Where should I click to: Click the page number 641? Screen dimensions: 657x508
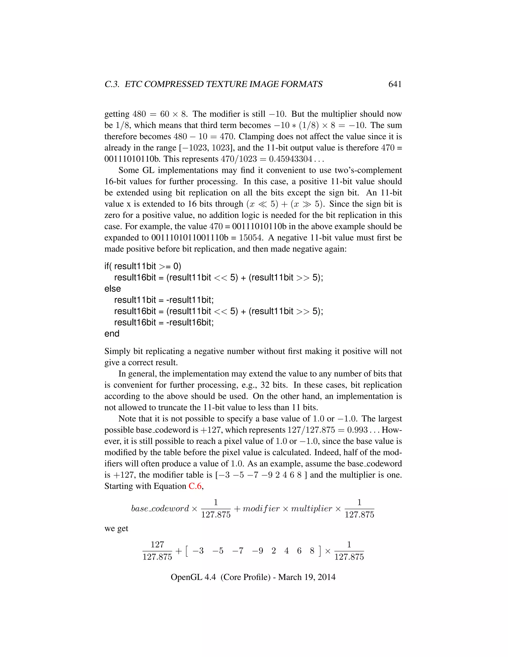(x=395, y=84)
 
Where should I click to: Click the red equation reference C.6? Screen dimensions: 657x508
(x=195, y=486)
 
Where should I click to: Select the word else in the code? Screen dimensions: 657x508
(x=113, y=289)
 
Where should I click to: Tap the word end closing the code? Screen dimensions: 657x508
(x=112, y=334)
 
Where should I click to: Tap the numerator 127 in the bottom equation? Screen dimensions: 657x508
(x=157, y=544)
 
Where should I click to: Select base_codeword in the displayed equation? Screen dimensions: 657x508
(x=160, y=508)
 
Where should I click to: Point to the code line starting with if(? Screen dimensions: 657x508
(x=143, y=266)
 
